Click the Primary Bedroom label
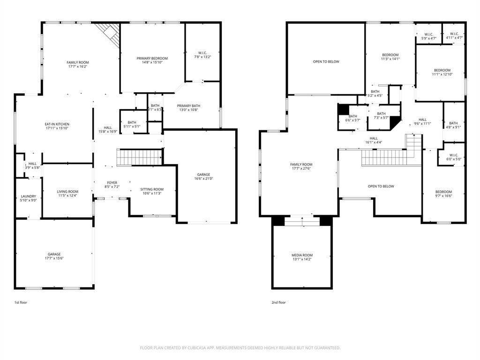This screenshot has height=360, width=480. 152,59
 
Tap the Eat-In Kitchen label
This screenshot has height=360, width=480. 57,124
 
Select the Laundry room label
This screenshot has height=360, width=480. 28,196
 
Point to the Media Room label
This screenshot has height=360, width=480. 302,255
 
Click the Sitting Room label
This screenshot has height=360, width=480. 152,189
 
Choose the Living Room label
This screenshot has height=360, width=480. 67,191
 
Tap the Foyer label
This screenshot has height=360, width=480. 112,183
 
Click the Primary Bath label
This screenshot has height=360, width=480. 188,106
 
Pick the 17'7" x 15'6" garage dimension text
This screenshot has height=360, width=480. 54,258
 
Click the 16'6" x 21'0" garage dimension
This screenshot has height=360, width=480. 203,179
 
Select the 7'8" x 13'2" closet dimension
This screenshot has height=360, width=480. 203,57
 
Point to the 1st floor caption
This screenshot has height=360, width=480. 21,303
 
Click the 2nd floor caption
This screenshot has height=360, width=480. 278,303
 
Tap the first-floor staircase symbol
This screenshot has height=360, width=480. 139,157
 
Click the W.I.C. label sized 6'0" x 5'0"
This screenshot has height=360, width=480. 454,155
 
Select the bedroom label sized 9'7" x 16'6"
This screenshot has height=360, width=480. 443,192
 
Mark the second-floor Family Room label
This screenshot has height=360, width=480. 301,165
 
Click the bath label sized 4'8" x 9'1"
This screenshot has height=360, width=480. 453,123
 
